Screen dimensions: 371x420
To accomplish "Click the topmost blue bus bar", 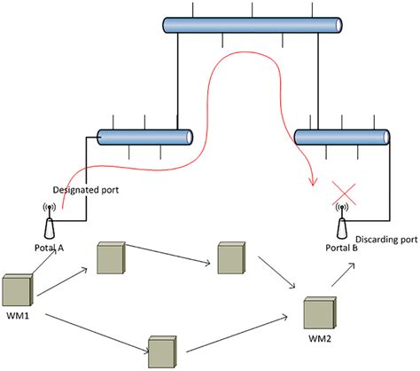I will click(253, 26).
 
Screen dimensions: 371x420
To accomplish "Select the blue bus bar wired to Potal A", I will click(144, 137).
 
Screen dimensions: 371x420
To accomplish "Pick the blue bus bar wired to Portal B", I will click(341, 138).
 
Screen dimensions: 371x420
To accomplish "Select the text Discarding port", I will click(385, 239).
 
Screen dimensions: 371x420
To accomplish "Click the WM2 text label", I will click(319, 340).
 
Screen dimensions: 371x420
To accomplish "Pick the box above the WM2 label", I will click(320, 312).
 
